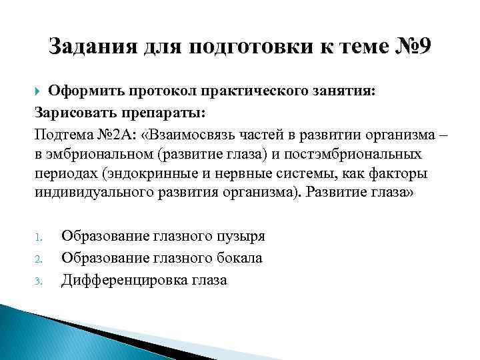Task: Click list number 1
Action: pyautogui.click(x=39, y=237)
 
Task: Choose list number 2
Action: pyautogui.click(x=39, y=259)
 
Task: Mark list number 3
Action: pyautogui.click(x=39, y=281)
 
